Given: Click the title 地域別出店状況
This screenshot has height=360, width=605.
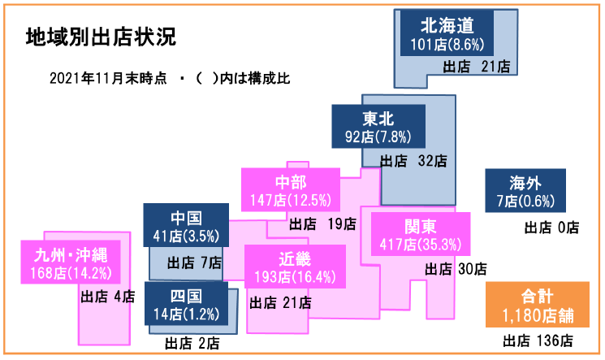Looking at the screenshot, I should pos(101,37).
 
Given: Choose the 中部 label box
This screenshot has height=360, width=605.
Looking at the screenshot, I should pos(290,189).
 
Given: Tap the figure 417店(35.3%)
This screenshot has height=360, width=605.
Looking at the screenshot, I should pos(420,242).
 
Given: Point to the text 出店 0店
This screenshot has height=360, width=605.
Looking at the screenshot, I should pos(552,228).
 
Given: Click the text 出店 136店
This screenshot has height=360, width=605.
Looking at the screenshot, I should pos(538,340).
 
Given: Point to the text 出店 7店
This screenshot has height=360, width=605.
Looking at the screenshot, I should pos(194,262).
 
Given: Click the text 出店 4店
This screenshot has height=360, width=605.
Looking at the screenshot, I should pos(108,297).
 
